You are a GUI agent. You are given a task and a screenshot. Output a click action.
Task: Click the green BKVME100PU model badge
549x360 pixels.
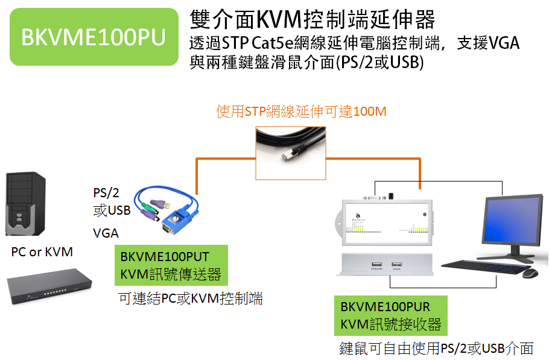[x=94, y=37]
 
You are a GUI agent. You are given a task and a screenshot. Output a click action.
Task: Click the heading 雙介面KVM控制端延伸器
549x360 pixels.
[x=313, y=19]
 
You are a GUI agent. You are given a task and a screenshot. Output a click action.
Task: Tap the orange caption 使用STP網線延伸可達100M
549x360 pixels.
[x=301, y=112]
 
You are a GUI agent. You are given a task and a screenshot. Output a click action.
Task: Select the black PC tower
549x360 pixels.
[x=25, y=204]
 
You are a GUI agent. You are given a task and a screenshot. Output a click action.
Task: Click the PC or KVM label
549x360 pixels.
[x=42, y=252]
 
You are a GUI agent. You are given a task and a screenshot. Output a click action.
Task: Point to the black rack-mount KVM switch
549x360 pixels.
[x=49, y=286]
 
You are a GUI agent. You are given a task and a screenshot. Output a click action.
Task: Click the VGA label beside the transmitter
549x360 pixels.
[x=106, y=233]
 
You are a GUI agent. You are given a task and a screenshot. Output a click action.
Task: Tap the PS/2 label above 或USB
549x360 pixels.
[x=106, y=192]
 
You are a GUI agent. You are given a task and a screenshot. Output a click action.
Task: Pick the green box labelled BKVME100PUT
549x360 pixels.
[x=171, y=265]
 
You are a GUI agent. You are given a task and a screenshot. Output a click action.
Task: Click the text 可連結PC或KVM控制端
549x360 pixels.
[x=191, y=298]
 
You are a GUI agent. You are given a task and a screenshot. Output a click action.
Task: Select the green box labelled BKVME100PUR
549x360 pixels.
[x=391, y=315]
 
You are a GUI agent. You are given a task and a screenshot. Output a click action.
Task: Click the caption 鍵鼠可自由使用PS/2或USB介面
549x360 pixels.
[x=436, y=349]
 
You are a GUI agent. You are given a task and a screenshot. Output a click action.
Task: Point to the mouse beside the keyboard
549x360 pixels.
[x=530, y=273]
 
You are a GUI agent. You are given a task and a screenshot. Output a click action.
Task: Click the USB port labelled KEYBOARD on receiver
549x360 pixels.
[x=376, y=265]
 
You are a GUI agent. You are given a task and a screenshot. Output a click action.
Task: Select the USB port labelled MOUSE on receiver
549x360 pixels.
[x=397, y=265]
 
